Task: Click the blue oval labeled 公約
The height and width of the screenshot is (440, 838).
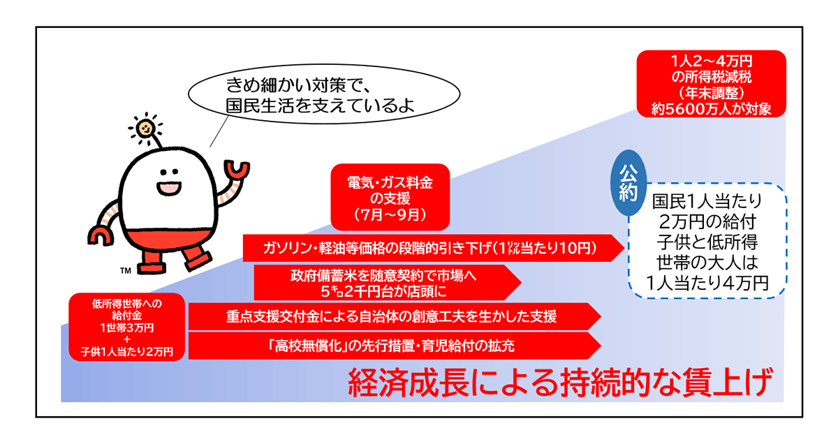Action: tap(628, 183)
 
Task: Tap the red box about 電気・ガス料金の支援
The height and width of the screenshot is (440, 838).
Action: tap(390, 197)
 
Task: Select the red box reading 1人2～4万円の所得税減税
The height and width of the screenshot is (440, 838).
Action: tap(711, 84)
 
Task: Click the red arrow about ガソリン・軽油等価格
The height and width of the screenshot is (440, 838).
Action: tap(433, 248)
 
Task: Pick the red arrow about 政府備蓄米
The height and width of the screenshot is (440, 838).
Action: tap(387, 283)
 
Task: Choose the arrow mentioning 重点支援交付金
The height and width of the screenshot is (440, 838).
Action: tap(395, 316)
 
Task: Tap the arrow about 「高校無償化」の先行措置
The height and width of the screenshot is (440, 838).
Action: tap(395, 346)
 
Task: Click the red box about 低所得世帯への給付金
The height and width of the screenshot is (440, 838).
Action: tap(127, 327)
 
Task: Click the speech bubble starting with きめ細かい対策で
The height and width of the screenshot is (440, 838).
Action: tap(324, 94)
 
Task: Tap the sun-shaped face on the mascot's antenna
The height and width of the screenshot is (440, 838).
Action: tap(145, 129)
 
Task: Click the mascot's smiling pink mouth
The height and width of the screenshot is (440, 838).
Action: tap(169, 188)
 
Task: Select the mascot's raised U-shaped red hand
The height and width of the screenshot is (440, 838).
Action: tap(237, 170)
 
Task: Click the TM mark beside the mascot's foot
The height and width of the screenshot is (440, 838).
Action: tap(126, 270)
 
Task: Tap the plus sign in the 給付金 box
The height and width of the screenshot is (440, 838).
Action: tap(127, 339)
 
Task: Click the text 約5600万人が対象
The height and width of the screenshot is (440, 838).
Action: tap(711, 109)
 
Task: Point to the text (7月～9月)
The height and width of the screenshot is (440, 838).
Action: tap(390, 215)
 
